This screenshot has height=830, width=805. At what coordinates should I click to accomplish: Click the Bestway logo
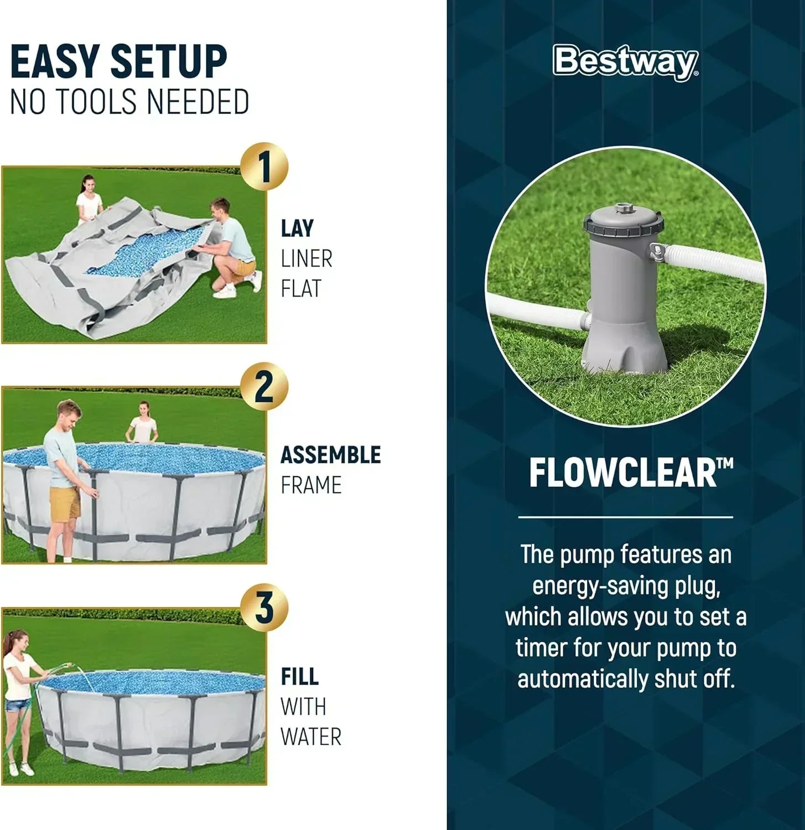[x=626, y=63]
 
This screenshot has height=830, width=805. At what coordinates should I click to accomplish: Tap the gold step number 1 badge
[x=265, y=168]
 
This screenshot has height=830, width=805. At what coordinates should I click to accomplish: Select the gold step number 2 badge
[x=265, y=388]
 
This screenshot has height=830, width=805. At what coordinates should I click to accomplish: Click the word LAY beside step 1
[x=297, y=228]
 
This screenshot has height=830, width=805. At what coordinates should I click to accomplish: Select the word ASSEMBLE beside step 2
[x=331, y=455]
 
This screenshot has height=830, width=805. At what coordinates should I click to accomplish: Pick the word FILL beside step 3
[x=299, y=676]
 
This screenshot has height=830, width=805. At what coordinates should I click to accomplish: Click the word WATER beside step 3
[x=311, y=737]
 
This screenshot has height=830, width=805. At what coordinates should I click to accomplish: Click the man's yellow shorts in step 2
[x=65, y=503]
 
